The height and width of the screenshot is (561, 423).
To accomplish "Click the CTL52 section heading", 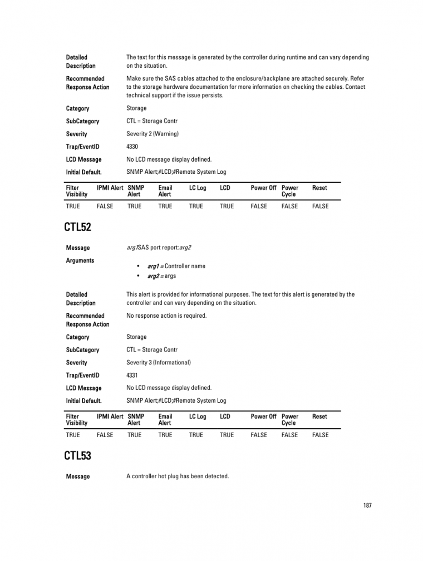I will coord(78,227).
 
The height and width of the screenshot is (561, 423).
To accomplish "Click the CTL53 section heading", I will coord(78,455).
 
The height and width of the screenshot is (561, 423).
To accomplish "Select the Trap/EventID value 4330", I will coord(132,147).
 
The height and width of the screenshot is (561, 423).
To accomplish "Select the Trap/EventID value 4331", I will coord(132,375).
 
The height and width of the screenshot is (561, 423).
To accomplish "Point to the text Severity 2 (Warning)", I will coord(153,134).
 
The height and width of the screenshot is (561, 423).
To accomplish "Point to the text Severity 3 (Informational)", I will coord(159,363).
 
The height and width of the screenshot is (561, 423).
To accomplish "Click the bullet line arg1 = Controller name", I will coord(176,266).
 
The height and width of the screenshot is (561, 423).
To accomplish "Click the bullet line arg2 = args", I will coord(161,276).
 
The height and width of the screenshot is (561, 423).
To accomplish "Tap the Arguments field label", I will coord(80,261).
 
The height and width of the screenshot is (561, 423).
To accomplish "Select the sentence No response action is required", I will coord(166,315).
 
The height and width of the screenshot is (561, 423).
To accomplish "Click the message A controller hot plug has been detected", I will coord(178,476).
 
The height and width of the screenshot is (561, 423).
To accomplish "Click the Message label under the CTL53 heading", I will coord(77,477).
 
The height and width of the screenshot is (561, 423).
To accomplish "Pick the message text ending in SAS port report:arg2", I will coord(159,248).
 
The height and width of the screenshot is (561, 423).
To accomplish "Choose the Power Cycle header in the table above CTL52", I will coord(290,191).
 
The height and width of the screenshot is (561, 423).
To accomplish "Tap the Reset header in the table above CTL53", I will coord(319,417).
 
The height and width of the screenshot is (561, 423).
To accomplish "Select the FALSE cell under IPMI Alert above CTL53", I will coord(105,435).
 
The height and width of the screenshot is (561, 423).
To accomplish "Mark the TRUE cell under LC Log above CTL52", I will coord(196,206).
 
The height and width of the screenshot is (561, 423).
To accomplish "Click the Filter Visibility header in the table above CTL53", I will coord(76,419).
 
